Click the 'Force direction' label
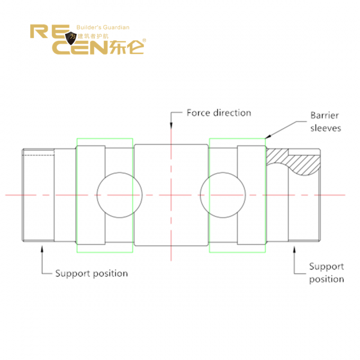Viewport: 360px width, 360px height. point(219,113)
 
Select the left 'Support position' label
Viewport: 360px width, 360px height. point(92,273)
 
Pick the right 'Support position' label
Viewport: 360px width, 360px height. point(327,273)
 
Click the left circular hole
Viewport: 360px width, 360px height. point(120,194)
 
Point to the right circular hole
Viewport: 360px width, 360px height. point(223,194)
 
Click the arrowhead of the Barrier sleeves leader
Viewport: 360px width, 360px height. point(268,136)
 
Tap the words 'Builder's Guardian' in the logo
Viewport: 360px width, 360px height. point(103,28)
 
